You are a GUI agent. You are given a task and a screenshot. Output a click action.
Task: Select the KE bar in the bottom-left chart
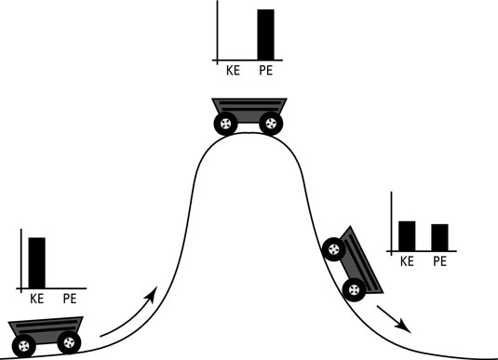point(37,262)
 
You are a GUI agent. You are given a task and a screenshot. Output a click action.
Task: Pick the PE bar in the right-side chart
point(440,237)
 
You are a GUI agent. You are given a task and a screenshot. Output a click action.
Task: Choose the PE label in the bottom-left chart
point(70,299)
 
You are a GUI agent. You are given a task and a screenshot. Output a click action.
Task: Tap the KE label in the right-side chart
point(407,261)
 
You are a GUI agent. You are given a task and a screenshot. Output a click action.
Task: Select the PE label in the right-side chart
point(441,261)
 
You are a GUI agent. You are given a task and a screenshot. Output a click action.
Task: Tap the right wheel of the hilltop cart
point(269,122)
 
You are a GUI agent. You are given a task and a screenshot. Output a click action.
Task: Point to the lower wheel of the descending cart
point(353,288)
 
